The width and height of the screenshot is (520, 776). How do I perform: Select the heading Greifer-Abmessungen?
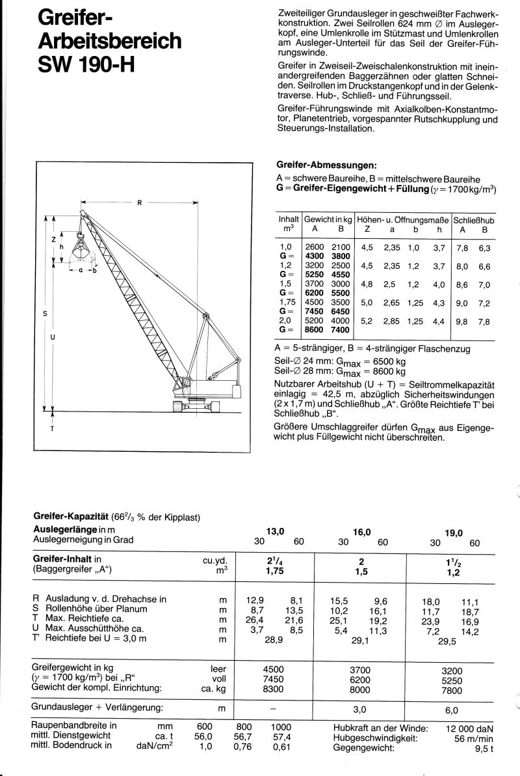327,166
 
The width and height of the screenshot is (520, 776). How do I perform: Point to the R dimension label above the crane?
139,202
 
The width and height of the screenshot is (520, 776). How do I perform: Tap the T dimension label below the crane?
52,430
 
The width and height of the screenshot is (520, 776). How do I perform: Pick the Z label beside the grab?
53,240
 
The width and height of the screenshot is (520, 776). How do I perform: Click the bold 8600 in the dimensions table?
315,330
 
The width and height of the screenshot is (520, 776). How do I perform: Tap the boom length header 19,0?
454,533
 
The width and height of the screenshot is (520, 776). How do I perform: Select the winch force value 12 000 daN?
467,727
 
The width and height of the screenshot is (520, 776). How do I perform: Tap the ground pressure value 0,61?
281,747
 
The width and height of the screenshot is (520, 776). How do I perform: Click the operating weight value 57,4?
281,736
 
